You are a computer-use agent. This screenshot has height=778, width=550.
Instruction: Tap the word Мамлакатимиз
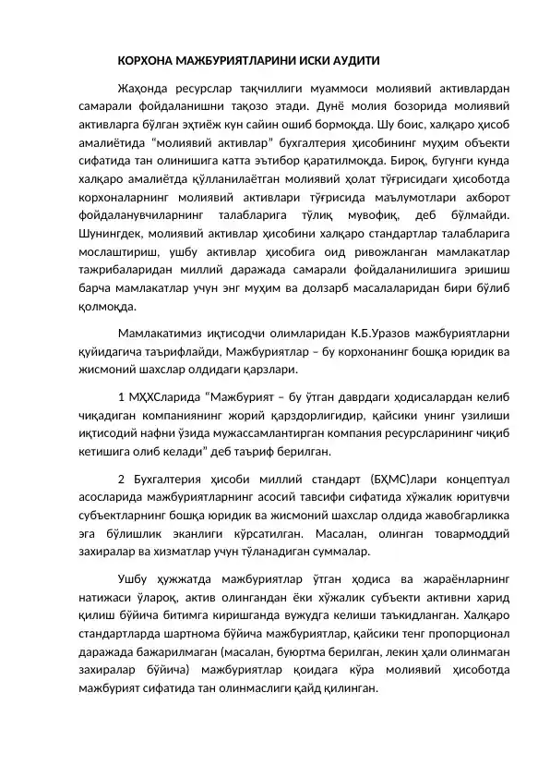[x=164, y=333]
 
